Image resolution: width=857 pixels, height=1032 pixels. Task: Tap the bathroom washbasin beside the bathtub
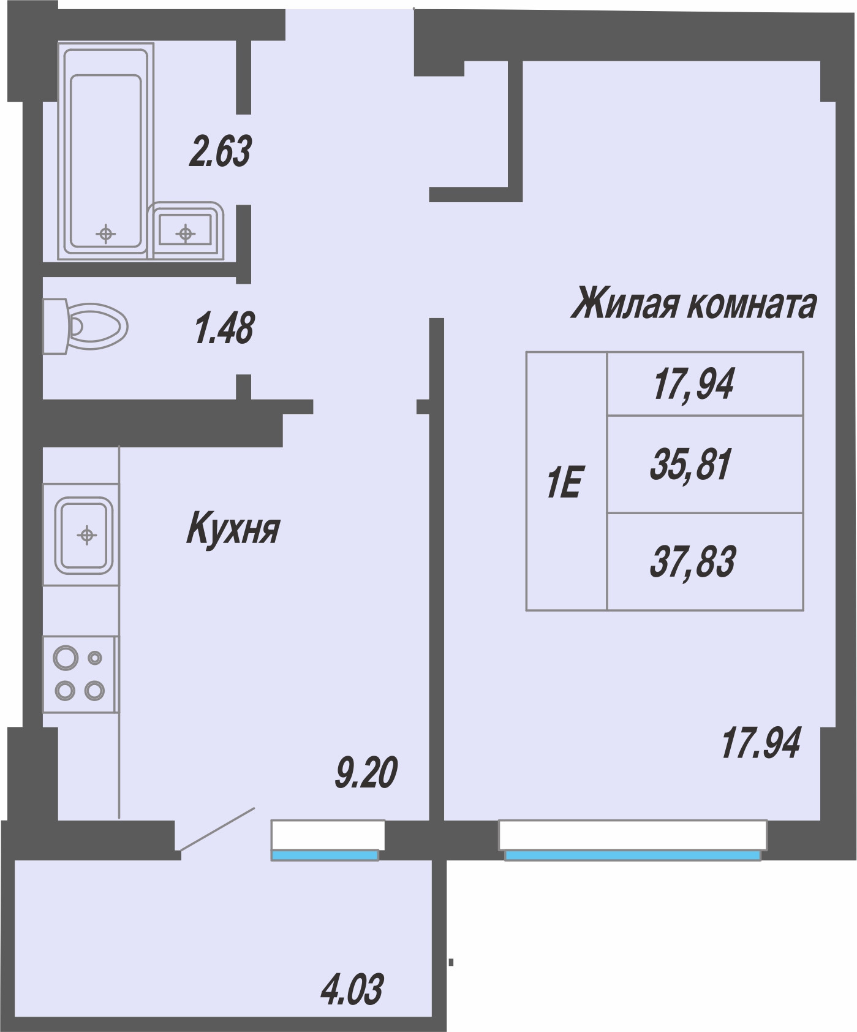186,231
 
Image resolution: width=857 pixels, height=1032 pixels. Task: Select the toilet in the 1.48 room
85,326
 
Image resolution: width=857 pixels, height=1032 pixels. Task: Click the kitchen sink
82,534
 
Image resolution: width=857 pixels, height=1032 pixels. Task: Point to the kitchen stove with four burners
80,674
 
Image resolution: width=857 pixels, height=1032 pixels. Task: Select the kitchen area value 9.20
366,772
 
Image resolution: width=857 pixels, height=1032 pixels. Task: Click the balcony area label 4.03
352,990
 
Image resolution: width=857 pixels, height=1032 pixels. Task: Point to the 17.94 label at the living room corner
761,743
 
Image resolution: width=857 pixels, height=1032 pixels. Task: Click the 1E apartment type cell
567,481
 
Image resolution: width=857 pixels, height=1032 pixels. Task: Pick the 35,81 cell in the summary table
705,464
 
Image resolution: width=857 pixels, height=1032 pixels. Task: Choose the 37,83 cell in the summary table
705,561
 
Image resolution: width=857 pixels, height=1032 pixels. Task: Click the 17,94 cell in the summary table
705,384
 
